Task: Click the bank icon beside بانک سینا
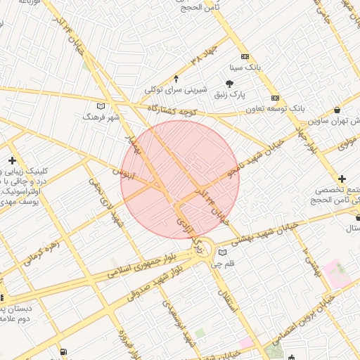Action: pos(244,57)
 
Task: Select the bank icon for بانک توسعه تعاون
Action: pos(275,98)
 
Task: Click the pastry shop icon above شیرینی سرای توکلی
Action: pos(176,78)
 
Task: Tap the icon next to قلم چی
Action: pos(223,252)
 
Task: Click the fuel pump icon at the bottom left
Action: pos(64,352)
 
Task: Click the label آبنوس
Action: pos(122,173)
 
